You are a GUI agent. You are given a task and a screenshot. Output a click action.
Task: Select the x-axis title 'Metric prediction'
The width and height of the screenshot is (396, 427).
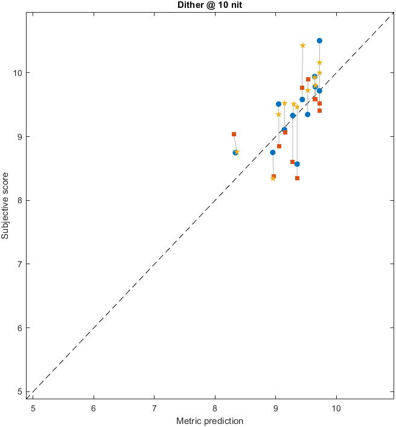[x=210, y=420]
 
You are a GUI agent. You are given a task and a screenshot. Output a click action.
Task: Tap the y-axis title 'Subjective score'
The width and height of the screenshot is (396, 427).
[x=6, y=204]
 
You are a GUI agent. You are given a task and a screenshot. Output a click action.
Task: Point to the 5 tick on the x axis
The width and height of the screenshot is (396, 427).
[x=33, y=406]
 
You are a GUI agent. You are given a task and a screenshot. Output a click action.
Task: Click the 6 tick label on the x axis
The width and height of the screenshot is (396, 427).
[x=94, y=406]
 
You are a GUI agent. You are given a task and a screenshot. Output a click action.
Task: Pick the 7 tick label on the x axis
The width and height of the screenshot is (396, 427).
[x=154, y=406]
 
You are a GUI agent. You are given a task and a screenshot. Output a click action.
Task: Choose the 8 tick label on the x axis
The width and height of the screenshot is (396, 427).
[x=215, y=406]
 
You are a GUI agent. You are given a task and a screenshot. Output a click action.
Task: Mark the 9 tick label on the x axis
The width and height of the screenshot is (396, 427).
[x=275, y=406]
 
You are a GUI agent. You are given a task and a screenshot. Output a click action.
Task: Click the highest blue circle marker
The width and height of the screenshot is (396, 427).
[x=319, y=41]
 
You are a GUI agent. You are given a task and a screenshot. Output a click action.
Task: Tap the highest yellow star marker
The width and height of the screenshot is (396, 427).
[x=302, y=45]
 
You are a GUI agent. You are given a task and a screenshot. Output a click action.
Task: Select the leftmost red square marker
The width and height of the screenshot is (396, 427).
[x=234, y=134]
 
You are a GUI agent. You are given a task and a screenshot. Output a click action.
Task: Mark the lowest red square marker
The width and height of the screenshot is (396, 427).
[x=297, y=178]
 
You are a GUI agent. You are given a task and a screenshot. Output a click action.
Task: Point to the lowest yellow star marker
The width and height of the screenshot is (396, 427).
[x=273, y=179]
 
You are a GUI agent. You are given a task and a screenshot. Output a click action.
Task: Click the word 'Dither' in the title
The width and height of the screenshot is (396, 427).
[x=188, y=5]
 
